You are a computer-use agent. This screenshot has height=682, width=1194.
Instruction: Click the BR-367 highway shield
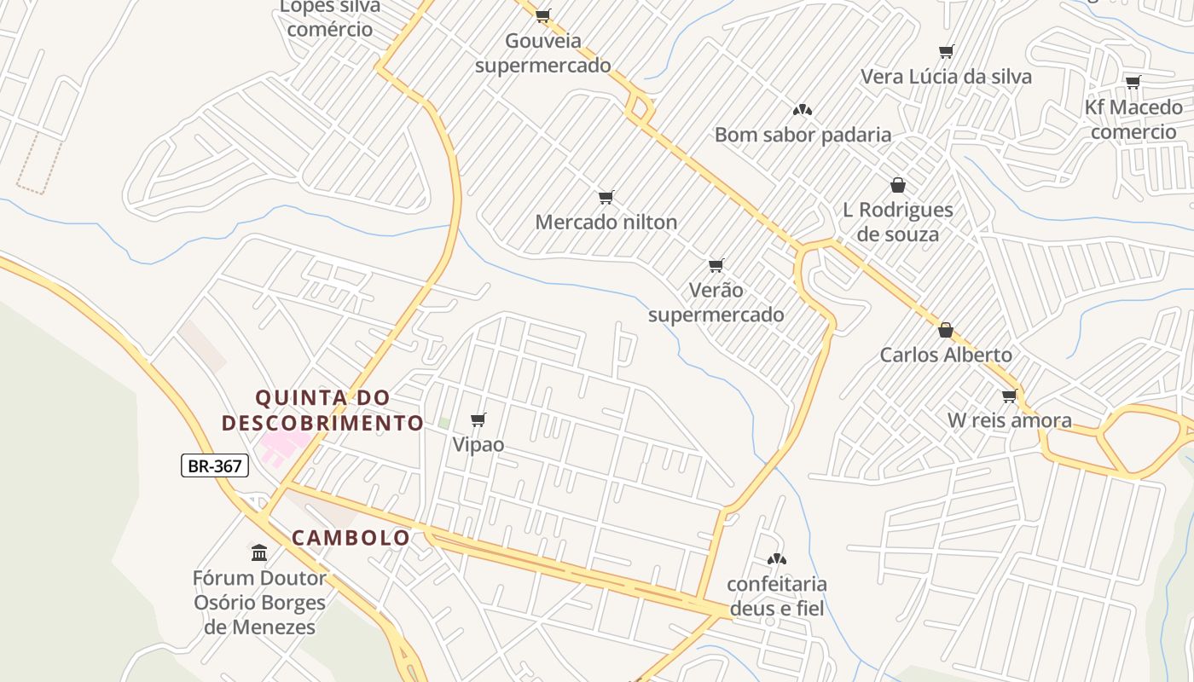pos(215,465)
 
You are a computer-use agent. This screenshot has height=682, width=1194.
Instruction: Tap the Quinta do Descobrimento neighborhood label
pos(322,410)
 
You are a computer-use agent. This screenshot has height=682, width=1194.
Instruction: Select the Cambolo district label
pos(351,538)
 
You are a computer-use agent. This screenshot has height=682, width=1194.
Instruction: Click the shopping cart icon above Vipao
pos(478,419)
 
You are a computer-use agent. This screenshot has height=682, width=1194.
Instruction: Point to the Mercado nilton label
pos(606,223)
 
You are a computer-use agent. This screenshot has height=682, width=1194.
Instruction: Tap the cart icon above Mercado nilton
pos(606,198)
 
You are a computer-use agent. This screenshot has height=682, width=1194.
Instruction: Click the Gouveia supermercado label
pos(543,53)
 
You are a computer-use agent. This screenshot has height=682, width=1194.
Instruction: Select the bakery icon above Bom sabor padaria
pos(802,110)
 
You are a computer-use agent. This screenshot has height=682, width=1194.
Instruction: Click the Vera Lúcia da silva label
pos(946,77)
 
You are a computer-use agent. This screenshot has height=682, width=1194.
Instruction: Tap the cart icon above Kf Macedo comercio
pos(1133,83)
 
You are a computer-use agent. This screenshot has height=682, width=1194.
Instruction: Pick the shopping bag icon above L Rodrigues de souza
pos(897,185)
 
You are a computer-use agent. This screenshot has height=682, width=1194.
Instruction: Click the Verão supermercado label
pos(716,303)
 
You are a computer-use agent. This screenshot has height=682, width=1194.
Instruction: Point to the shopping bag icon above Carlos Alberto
pos(945,330)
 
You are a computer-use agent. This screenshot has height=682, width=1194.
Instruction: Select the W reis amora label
pos(1010,420)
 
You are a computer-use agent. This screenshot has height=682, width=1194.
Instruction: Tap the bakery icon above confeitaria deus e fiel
pos(776,560)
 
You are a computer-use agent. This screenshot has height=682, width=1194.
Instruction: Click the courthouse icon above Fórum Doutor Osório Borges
pos(259,553)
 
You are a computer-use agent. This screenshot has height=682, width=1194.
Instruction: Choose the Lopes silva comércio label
pos(330,18)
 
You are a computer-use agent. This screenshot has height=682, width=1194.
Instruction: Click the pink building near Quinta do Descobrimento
pos(283,445)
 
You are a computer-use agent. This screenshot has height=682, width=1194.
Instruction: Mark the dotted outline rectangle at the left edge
pos(39,165)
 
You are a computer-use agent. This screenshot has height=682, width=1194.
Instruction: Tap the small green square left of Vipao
pos(443,423)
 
